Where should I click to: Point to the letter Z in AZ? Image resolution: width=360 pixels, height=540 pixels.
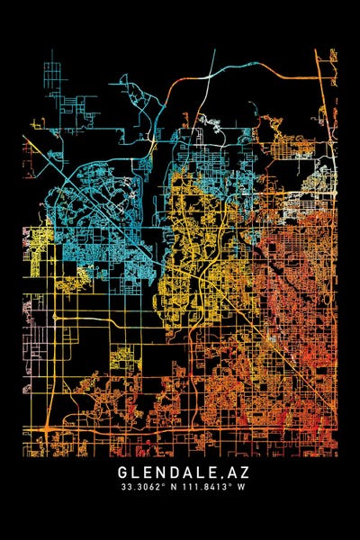pos(238,471)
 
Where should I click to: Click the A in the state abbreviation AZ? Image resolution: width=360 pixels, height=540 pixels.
pos(227,471)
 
